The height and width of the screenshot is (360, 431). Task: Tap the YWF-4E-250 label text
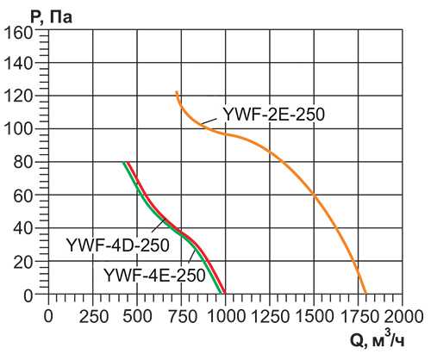click(x=154, y=276)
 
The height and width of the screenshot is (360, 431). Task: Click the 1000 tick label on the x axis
click(x=224, y=316)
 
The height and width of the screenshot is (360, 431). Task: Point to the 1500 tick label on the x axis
click(x=313, y=316)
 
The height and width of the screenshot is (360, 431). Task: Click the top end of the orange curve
click(x=176, y=91)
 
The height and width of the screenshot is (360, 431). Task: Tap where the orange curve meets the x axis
click(x=366, y=295)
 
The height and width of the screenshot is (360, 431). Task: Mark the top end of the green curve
click(x=123, y=163)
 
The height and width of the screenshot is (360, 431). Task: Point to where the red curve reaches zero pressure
click(x=226, y=295)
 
